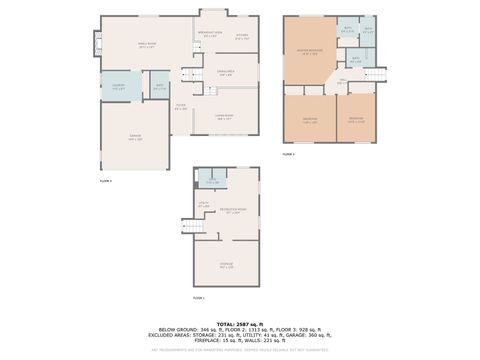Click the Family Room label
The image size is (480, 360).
click(146, 45)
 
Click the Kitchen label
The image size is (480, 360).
click(242, 36)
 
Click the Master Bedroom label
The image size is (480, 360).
click(308, 51)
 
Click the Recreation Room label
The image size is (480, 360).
click(235, 212)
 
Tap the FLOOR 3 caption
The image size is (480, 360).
click(289, 154)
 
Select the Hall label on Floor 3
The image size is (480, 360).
click(341, 80)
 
